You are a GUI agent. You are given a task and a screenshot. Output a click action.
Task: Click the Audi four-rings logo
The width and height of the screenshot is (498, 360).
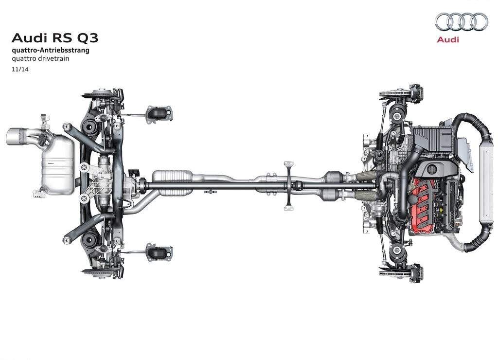tap(461, 21)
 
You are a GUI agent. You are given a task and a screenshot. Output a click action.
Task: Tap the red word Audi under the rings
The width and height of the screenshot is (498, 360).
tap(448, 39)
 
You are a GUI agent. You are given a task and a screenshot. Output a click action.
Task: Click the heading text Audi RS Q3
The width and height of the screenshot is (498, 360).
tap(55, 38)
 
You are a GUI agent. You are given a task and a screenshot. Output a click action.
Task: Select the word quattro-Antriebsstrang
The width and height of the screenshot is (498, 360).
tap(51, 50)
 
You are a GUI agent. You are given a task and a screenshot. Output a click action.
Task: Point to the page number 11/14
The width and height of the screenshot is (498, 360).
tap(20, 69)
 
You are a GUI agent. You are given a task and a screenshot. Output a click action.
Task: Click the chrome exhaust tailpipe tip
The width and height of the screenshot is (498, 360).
tap(17, 137)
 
